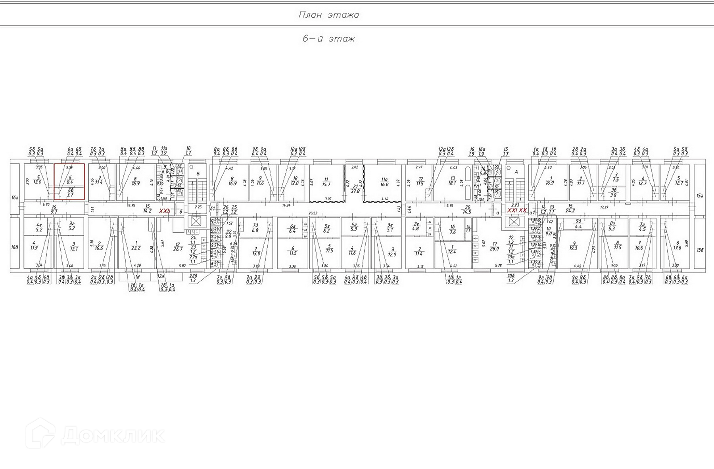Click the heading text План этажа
pyautogui.click(x=328, y=15)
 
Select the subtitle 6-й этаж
pyautogui.click(x=328, y=39)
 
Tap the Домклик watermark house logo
pyautogui.click(x=40, y=434)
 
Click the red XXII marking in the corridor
pyautogui.click(x=164, y=211)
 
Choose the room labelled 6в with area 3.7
pyautogui.click(x=70, y=193)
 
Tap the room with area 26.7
pyautogui.click(x=177, y=247)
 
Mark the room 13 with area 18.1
pyautogui.click(x=453, y=181)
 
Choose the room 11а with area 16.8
pyautogui.click(x=384, y=182)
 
